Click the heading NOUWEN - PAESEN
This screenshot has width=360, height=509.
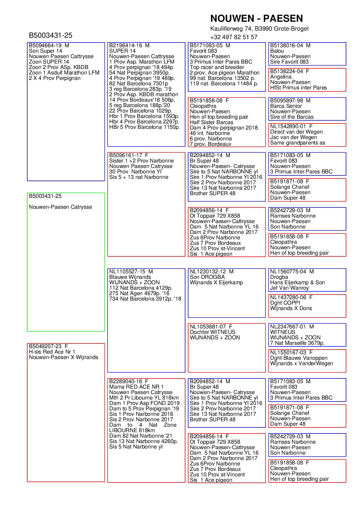(x=256, y=18)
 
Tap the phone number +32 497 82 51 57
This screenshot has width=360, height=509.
(x=233, y=37)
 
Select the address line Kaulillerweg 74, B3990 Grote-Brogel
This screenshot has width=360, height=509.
(x=259, y=29)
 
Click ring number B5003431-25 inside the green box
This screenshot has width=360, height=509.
(x=45, y=196)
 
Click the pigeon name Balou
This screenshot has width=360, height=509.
(x=277, y=51)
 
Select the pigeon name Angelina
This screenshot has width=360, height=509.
(x=281, y=77)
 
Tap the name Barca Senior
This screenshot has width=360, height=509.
(x=286, y=106)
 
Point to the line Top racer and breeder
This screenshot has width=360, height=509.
(x=217, y=67)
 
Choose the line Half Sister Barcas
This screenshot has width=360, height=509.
(x=211, y=122)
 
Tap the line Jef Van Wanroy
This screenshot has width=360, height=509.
(x=289, y=288)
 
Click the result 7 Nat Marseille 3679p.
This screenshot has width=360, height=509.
(x=297, y=343)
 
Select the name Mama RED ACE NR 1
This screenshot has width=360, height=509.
(x=136, y=387)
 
